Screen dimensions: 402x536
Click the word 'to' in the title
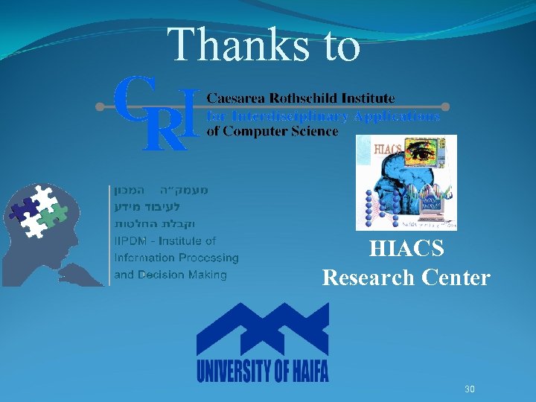[x=339, y=46]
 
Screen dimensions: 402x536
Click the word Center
[x=456, y=278]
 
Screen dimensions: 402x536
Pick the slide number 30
[x=470, y=389]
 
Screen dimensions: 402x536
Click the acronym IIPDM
[x=130, y=240]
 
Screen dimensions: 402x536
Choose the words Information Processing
[x=176, y=258]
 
